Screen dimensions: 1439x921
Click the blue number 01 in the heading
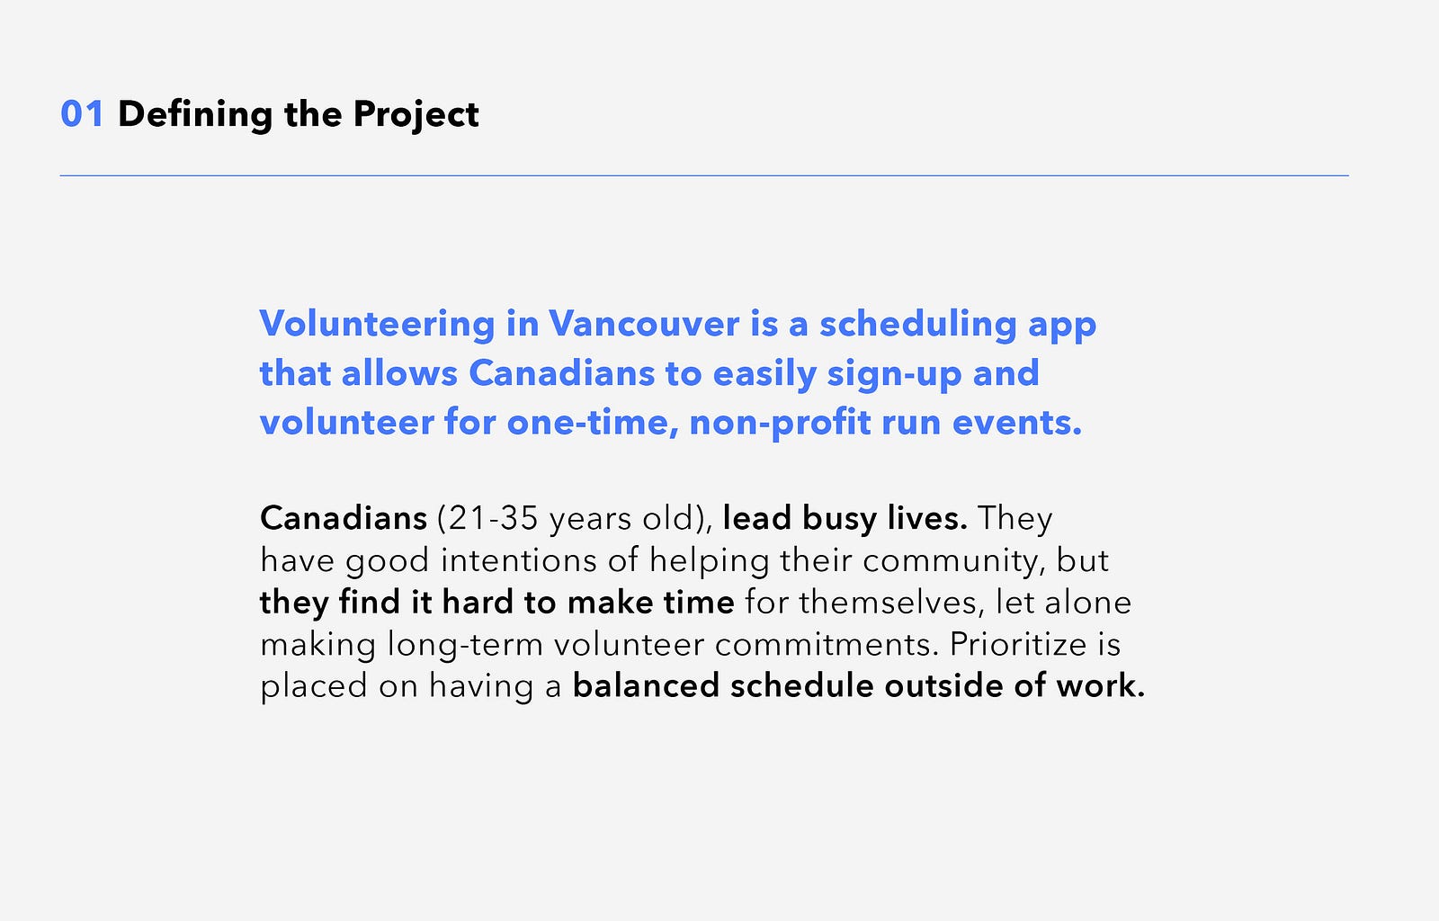tap(82, 114)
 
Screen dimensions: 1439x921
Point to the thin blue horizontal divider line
tap(704, 175)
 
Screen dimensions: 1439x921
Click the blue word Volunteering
tap(377, 325)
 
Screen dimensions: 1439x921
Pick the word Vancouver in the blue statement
tap(644, 323)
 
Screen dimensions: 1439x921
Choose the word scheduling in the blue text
tap(918, 325)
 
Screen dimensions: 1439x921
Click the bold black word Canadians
tap(344, 518)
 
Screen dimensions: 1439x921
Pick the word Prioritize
tap(1016, 644)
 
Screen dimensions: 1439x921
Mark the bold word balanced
tap(646, 685)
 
